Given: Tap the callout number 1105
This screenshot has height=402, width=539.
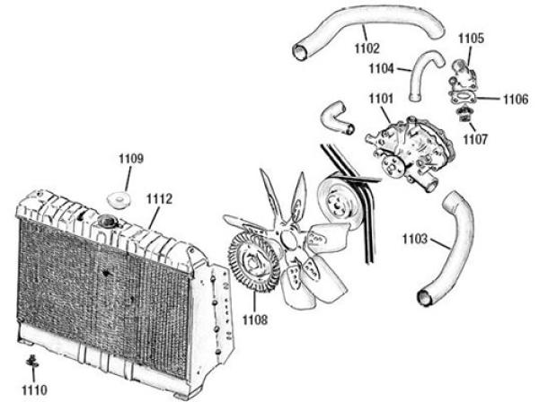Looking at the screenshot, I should click(471, 39).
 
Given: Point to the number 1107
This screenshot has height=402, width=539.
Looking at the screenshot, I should click(475, 139).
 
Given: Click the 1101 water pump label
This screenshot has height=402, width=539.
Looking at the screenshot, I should click(379, 100).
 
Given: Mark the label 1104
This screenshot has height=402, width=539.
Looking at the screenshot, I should click(381, 67).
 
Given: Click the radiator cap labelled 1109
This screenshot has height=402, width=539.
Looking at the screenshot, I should click(117, 197).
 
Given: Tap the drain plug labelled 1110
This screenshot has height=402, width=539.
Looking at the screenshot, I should click(32, 362).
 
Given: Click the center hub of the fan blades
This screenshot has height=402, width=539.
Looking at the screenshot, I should click(289, 238).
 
